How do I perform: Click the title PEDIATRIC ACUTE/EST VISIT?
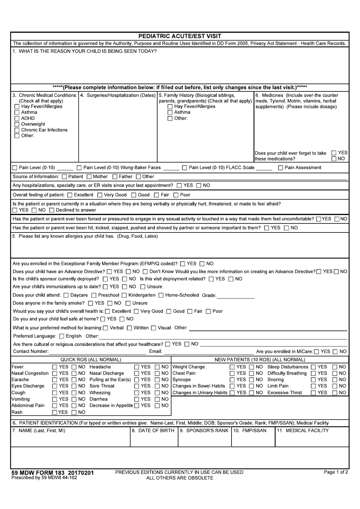pos(180,36)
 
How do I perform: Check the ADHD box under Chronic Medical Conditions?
pos(17,118)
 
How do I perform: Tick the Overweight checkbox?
pos(17,124)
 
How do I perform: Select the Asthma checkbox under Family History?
pos(170,113)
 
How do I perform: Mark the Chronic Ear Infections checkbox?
pos(17,130)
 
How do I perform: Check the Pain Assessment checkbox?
pos(280,168)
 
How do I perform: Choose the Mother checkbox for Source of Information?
pos(89,177)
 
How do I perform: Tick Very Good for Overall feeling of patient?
pos(100,195)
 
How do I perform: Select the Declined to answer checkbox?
pos(52,210)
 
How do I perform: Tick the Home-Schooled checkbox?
pos(161,295)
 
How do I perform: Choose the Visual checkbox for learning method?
pos(153,328)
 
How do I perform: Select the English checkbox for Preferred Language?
pos(62,336)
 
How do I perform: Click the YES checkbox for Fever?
pos(55,367)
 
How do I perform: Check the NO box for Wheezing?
pos(157,393)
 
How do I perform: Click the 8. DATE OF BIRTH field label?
pos(153,430)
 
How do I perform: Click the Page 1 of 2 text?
pos(335,472)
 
